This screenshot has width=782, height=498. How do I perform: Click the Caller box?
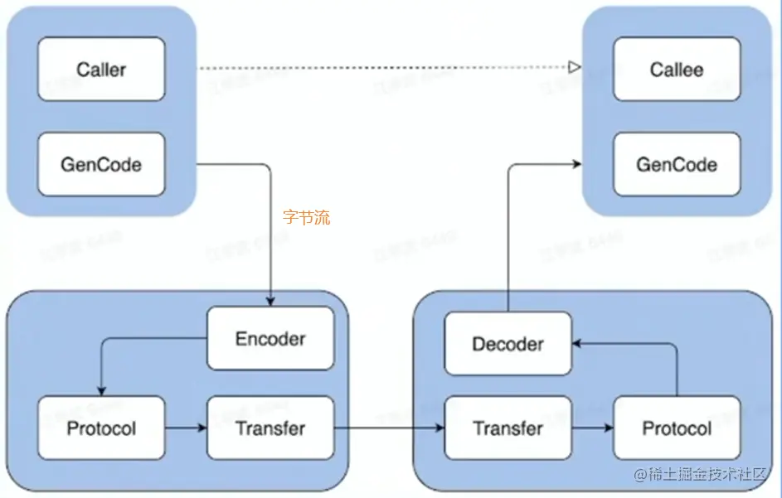pos(101,70)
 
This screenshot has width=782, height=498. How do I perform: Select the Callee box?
pos(677,70)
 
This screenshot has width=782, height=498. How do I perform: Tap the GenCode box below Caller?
pos(101,164)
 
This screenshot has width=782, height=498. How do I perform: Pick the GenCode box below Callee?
pos(677,164)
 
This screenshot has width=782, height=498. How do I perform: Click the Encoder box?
pos(270,339)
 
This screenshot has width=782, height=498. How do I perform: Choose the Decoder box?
pos(508,344)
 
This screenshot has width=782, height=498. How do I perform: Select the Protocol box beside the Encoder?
pos(101,428)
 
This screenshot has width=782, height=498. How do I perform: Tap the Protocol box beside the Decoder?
pos(677,428)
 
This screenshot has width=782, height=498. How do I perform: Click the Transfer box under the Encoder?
pos(270,428)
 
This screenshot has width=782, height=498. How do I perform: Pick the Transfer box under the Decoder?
pos(508,428)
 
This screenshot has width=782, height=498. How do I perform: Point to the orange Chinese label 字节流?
pos(306,218)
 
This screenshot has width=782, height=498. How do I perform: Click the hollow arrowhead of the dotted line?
pos(573,66)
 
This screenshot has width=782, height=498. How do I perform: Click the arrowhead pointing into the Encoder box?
pos(270,302)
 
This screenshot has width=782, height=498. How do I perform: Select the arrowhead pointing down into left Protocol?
pos(101,391)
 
